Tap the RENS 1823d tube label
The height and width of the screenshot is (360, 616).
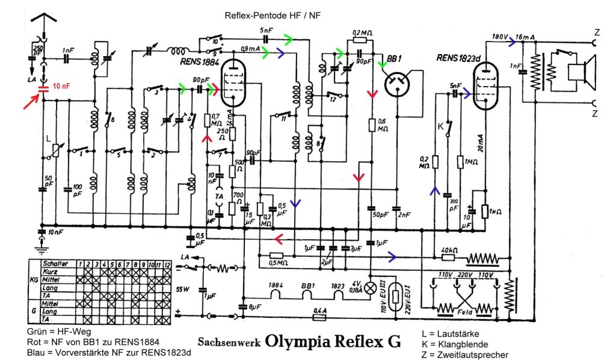[x=458, y=58]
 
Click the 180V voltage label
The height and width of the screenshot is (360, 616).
[x=500, y=36]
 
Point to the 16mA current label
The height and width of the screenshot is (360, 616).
[x=525, y=36]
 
